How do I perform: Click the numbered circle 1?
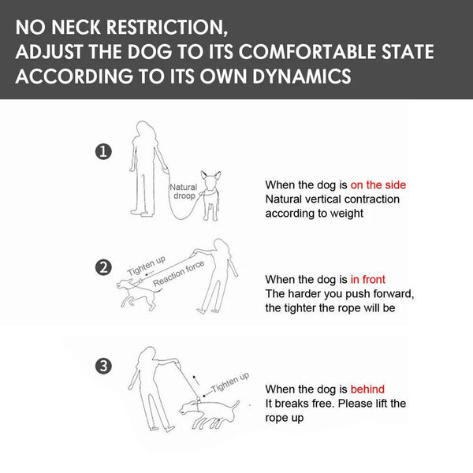click(103, 151)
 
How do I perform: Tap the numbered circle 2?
click(103, 267)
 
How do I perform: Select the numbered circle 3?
click(103, 367)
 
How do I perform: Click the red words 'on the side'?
click(378, 185)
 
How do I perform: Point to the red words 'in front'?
click(367, 279)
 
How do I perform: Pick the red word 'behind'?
click(367, 389)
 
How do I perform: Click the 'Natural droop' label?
click(184, 192)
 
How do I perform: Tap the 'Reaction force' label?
click(179, 274)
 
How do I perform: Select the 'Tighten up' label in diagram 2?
click(147, 266)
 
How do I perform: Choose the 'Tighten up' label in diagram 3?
click(230, 382)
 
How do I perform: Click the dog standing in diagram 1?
click(211, 196)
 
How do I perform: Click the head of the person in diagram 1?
click(145, 130)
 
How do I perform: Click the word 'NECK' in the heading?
click(76, 27)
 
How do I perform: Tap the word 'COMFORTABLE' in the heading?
click(307, 51)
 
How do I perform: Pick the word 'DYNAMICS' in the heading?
click(302, 76)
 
